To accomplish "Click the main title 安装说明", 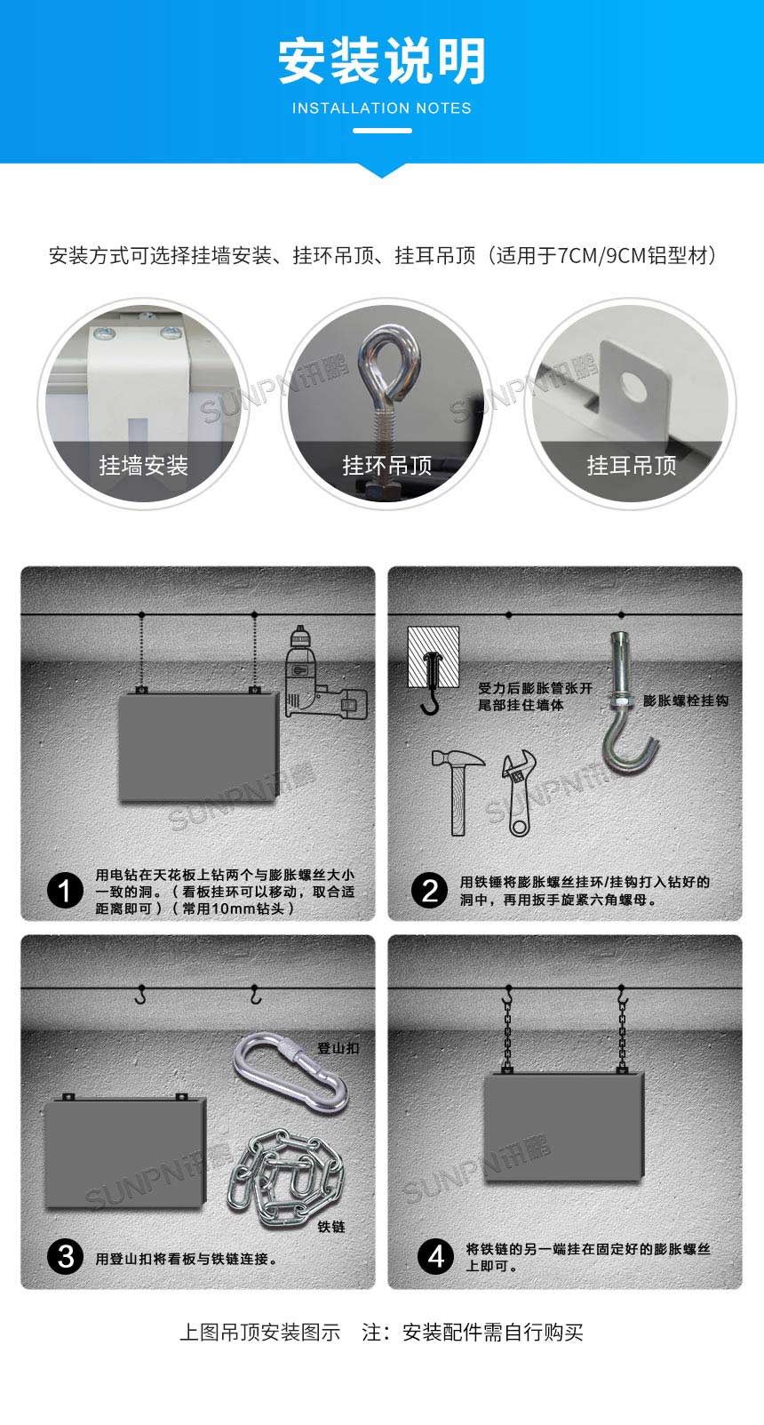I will click(x=382, y=61).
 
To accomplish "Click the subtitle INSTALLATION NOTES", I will click(x=382, y=108).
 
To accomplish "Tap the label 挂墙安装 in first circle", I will click(x=143, y=465).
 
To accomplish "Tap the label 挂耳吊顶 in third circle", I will click(x=631, y=465).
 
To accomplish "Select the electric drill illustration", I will click(x=320, y=676).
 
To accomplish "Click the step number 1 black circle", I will click(x=64, y=890).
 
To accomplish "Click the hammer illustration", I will click(x=455, y=787).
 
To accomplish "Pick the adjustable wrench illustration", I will click(x=518, y=793).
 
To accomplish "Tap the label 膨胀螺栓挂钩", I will click(x=685, y=700).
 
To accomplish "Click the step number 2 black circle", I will click(x=430, y=890).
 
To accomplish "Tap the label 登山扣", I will click(x=338, y=1048).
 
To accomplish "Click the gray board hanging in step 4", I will click(x=563, y=1126).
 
